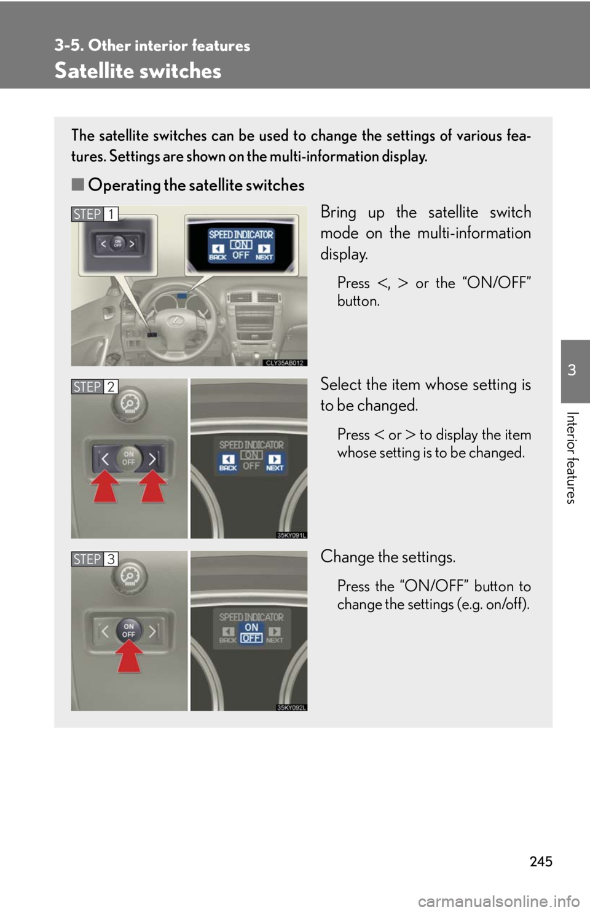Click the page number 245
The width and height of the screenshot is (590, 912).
point(541,861)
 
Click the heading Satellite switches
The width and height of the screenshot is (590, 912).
point(138,71)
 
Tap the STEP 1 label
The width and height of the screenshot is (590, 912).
point(95,214)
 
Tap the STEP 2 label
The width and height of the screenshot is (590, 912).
point(95,387)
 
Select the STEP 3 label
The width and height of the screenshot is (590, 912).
point(95,559)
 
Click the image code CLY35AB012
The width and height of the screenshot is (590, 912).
point(285,363)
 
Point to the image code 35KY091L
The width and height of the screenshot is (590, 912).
point(291,535)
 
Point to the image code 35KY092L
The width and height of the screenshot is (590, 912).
point(291,707)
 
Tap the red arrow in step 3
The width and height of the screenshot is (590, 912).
point(129,656)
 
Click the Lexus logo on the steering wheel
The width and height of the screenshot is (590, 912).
point(176,321)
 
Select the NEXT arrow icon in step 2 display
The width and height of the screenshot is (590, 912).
point(275,459)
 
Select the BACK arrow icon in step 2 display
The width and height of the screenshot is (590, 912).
point(228,459)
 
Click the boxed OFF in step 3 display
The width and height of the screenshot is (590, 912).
point(251,639)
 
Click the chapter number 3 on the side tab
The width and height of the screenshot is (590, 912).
point(572,370)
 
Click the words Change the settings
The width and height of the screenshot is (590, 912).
point(388,557)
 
